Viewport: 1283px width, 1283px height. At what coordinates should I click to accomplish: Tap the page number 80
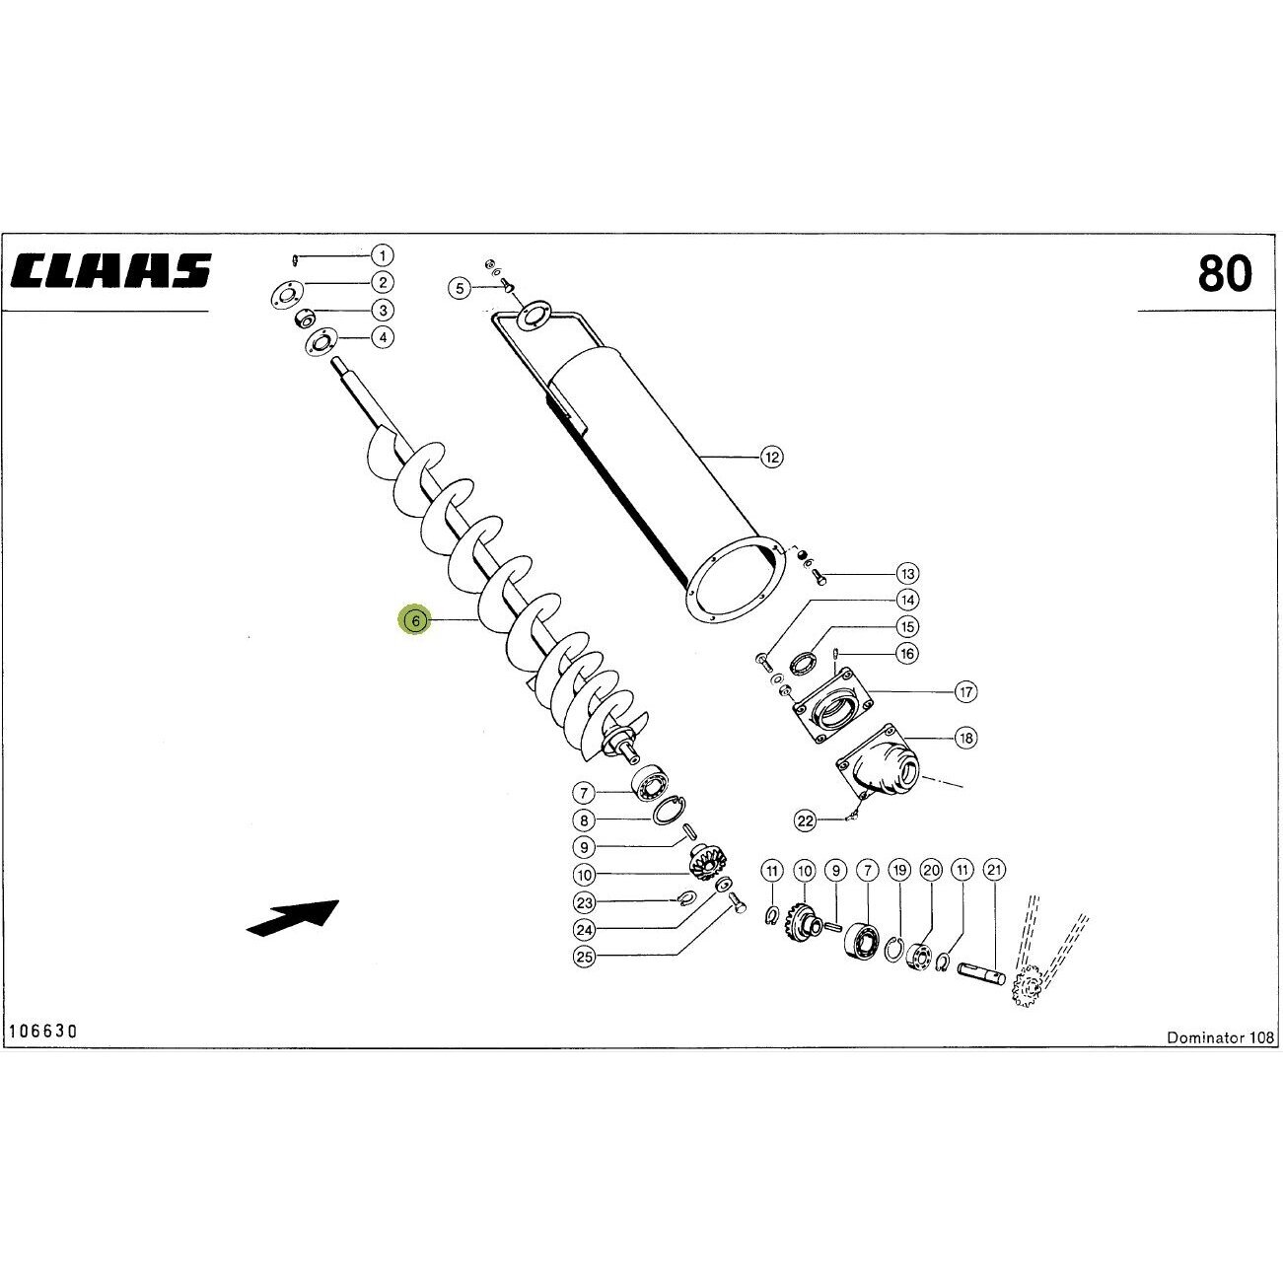click(1225, 273)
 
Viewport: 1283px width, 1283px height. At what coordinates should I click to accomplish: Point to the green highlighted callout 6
click(415, 620)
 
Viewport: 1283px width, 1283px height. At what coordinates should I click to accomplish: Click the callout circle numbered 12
click(771, 457)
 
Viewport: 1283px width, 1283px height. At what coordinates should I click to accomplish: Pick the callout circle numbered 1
click(383, 255)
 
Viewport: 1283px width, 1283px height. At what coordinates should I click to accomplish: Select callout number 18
click(965, 737)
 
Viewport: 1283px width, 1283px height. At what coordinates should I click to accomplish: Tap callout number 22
click(806, 820)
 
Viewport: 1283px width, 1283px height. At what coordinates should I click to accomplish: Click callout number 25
click(584, 957)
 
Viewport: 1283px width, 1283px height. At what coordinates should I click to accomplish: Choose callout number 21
click(994, 870)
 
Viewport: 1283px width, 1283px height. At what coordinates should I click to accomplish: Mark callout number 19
click(899, 870)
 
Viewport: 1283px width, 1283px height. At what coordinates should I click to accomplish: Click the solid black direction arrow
click(293, 918)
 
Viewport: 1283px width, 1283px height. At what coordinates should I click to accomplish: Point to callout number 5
click(460, 288)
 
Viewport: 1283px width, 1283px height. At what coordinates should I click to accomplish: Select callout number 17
click(965, 691)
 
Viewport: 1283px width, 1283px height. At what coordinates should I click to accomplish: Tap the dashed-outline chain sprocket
click(1026, 984)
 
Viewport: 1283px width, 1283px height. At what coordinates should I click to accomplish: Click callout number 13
click(907, 573)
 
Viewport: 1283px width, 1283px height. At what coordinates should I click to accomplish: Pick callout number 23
click(584, 902)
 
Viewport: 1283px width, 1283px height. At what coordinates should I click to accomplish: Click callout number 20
click(931, 870)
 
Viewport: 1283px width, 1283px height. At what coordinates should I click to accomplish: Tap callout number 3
click(383, 310)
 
